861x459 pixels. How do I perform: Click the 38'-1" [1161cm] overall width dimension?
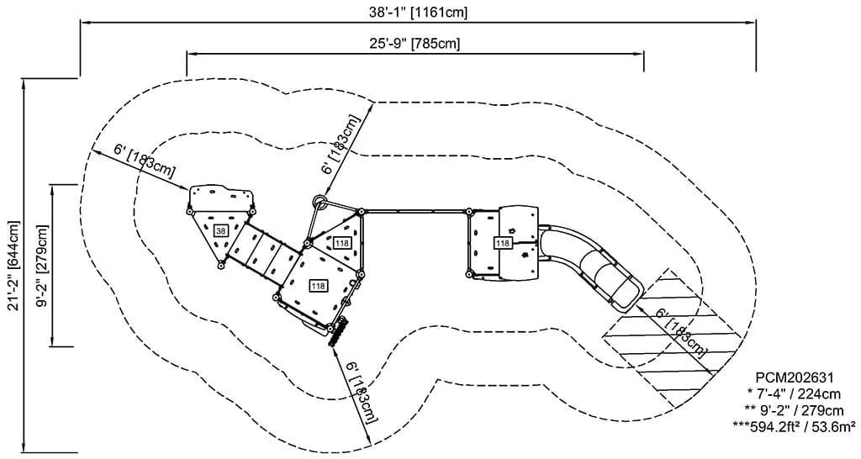(418, 12)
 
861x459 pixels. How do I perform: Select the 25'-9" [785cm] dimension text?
(418, 43)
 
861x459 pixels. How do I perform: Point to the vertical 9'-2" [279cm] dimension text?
(42, 264)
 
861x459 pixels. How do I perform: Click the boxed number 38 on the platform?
(221, 230)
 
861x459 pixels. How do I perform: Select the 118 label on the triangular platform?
(341, 243)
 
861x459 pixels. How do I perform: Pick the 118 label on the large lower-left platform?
(318, 286)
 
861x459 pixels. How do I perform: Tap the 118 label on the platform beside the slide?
(502, 243)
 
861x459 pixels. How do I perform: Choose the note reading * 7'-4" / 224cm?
(794, 393)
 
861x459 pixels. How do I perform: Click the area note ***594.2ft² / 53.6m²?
(794, 426)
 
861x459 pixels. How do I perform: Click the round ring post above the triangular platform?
(320, 202)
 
